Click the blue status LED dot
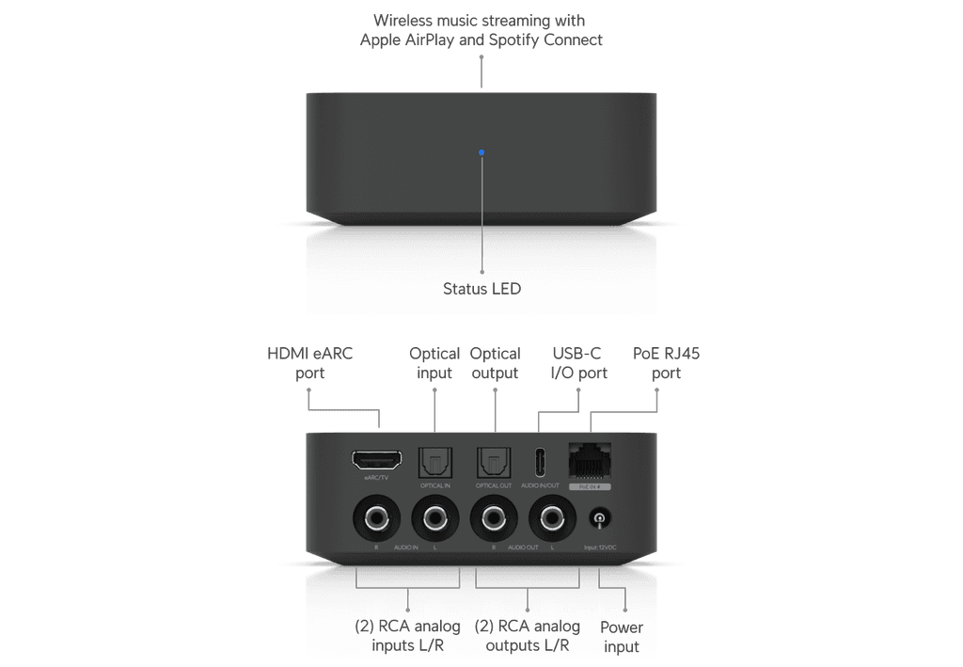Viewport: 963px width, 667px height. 481,151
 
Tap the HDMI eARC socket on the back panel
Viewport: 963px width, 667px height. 376,460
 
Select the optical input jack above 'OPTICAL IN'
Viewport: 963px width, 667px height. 435,460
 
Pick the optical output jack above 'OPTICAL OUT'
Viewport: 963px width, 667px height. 493,460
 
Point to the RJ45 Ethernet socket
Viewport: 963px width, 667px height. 589,459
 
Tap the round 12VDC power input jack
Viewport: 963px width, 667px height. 598,518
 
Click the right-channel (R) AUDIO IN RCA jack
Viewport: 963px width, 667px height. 375,517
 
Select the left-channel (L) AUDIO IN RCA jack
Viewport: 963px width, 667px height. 434,517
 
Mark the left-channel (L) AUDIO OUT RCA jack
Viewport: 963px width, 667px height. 551,517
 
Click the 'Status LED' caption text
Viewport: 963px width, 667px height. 481,289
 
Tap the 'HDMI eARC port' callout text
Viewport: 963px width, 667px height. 310,363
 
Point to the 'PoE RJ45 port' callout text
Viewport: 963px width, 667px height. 666,363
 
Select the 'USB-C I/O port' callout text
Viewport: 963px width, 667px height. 576,363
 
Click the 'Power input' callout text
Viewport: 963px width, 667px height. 622,637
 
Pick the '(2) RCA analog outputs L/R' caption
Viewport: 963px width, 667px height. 527,636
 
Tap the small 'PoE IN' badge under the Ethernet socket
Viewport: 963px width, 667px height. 589,487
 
